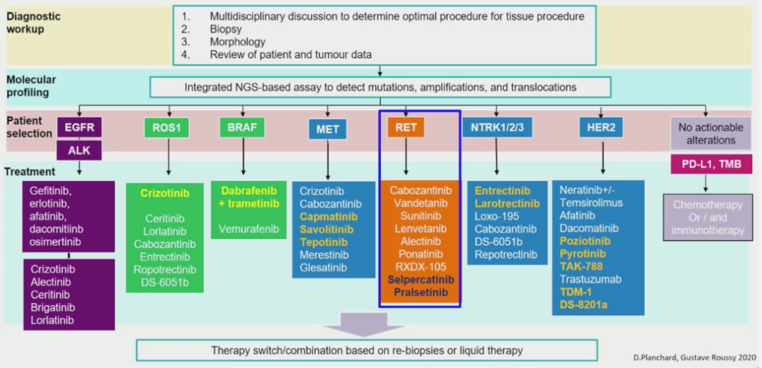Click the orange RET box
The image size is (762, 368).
(406, 128)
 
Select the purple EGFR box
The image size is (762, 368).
(79, 128)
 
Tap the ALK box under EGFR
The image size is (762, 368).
(79, 149)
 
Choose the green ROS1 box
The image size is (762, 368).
(168, 128)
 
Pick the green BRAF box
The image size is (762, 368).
(242, 128)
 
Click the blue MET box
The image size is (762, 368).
(327, 129)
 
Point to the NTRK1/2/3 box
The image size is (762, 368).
(496, 128)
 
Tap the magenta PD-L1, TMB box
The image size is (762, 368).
(706, 164)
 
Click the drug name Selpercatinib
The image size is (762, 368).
(421, 279)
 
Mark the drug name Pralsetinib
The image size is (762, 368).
(421, 292)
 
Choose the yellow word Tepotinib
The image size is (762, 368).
(323, 242)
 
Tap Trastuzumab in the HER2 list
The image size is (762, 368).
(590, 279)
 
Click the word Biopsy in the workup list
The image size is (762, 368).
(226, 30)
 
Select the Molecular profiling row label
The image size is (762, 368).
(31, 86)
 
